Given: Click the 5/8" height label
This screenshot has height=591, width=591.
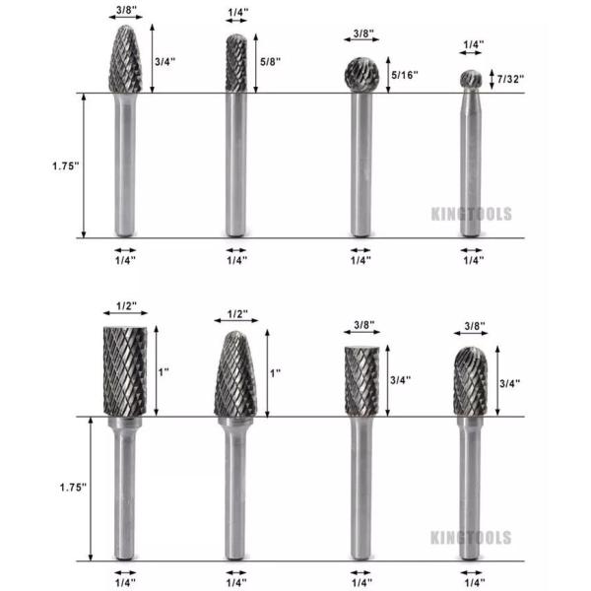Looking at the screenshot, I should point(270,60).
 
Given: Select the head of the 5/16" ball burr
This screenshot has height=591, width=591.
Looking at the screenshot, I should point(361,75).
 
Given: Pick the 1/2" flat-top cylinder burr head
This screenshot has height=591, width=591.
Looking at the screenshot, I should point(125,372).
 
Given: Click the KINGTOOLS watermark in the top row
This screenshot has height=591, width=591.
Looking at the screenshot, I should point(471,213).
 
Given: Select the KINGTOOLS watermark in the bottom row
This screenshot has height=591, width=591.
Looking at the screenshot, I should point(471,538).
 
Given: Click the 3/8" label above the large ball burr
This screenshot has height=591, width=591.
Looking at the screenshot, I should point(361,35).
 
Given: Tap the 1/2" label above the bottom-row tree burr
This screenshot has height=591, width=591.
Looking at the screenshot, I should point(236,314).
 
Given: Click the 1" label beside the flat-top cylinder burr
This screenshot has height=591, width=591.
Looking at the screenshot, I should point(164,372).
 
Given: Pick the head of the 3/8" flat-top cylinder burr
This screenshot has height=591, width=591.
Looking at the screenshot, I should point(361,379).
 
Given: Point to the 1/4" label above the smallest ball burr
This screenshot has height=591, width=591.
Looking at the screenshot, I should point(474,44).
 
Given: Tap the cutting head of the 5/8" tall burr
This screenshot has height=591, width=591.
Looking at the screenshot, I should point(236,64).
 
